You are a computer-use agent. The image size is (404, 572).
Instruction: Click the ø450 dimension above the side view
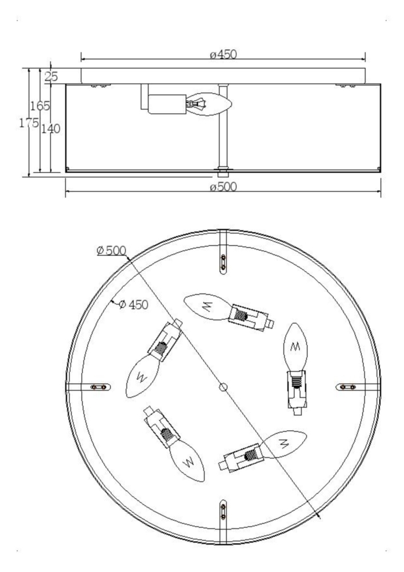223,55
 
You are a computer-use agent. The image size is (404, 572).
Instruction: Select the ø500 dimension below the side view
223,187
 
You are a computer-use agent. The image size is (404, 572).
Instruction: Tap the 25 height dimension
51,77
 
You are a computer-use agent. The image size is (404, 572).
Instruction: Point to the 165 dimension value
40,106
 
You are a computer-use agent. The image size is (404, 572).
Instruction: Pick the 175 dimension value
29,123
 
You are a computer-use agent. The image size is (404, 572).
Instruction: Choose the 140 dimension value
51,129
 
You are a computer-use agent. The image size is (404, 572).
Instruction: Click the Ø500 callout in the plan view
111,251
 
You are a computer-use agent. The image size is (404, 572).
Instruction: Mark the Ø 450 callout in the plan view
134,304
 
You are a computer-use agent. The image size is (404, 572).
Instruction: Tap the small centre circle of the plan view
223,387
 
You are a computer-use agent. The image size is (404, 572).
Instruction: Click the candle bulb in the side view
209,104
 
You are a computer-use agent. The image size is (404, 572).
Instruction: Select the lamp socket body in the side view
167,104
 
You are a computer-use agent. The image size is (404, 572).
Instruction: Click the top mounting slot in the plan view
223,263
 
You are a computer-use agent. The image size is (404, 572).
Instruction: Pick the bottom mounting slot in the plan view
223,511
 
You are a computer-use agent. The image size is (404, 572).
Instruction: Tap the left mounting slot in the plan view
99,387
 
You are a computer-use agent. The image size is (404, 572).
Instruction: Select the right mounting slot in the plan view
348,387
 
